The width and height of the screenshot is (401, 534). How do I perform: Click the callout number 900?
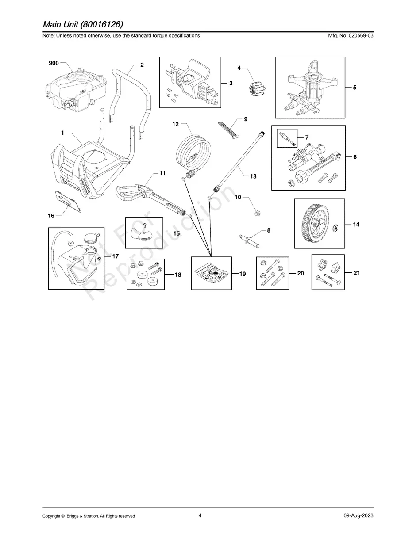(x=54, y=63)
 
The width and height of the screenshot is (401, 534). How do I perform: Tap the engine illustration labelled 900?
(x=77, y=91)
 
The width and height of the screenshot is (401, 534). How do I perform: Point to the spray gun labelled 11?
(x=150, y=197)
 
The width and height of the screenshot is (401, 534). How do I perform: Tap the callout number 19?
(x=243, y=274)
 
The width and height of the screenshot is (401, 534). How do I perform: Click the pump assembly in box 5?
(x=309, y=88)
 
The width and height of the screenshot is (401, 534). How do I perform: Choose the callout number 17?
(x=116, y=256)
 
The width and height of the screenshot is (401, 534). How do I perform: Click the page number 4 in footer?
(x=200, y=515)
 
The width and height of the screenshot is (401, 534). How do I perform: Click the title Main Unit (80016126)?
(x=83, y=24)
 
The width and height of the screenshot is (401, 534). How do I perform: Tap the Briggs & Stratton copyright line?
(x=89, y=516)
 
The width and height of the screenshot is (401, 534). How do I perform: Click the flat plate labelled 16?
(x=68, y=201)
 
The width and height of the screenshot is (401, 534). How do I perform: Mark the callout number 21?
(x=356, y=273)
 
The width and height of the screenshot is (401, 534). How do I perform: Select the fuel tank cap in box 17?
(x=92, y=236)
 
